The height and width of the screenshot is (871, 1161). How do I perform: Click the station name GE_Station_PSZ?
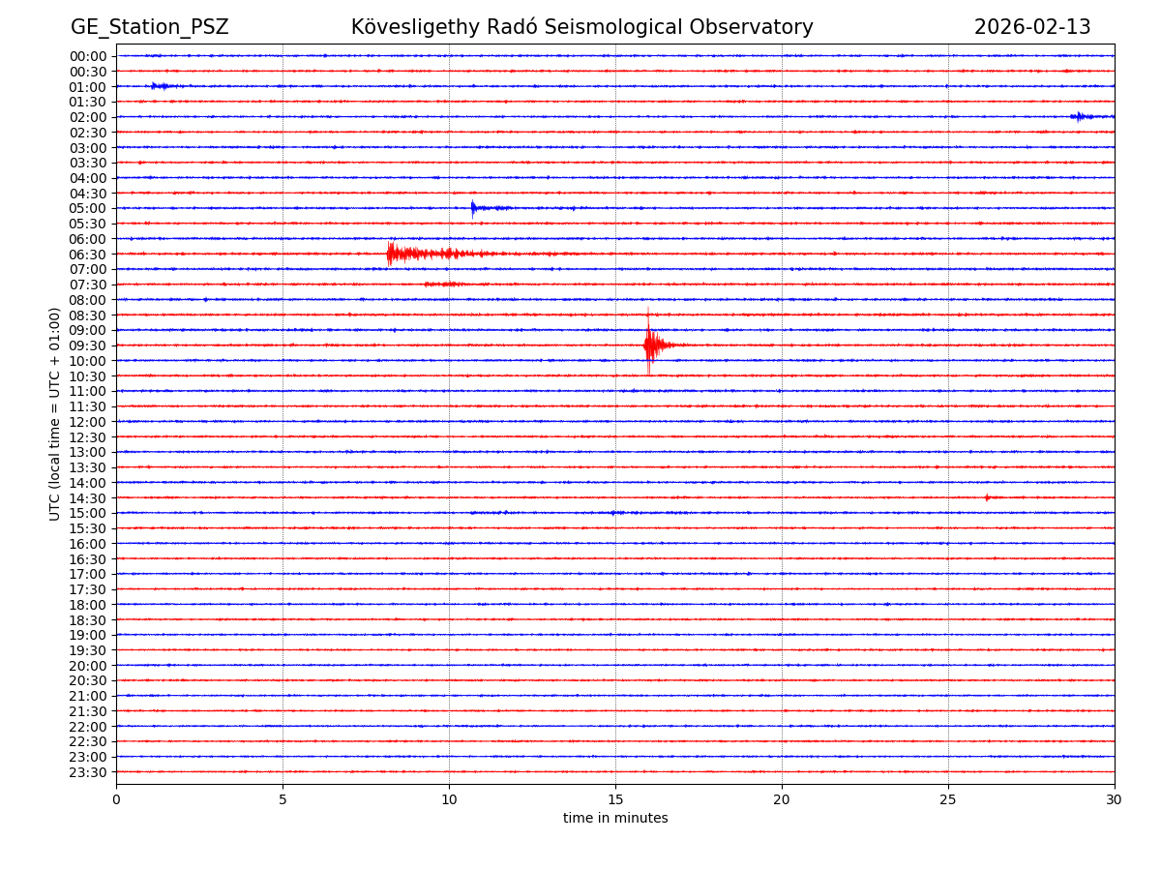(x=149, y=28)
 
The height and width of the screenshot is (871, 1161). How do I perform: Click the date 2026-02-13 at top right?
(x=1031, y=28)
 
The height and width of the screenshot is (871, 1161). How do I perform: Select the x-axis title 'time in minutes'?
(x=615, y=819)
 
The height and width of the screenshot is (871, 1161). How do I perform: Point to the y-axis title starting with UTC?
(x=55, y=414)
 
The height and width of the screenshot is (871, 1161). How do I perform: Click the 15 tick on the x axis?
(x=615, y=800)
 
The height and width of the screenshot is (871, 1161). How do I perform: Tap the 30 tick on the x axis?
(x=1115, y=800)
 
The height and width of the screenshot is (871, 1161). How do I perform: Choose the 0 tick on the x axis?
(x=116, y=800)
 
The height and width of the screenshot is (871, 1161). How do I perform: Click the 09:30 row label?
(x=88, y=345)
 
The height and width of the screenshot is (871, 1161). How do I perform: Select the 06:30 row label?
(x=88, y=255)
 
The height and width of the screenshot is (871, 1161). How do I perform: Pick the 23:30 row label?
(x=88, y=772)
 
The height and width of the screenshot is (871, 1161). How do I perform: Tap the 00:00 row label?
(x=88, y=56)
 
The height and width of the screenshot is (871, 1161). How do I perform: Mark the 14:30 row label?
(x=88, y=498)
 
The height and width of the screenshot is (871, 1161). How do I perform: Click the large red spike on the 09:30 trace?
(x=648, y=344)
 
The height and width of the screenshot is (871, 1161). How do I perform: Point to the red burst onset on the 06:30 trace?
(x=389, y=254)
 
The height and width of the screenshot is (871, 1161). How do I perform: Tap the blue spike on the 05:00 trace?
(x=473, y=208)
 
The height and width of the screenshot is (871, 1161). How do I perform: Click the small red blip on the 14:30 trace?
(x=987, y=497)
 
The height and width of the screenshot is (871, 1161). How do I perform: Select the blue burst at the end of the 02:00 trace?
(x=1080, y=117)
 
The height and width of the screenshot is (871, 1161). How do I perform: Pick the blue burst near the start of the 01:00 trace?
(x=160, y=86)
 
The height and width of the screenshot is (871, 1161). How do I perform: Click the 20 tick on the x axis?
(x=782, y=800)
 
